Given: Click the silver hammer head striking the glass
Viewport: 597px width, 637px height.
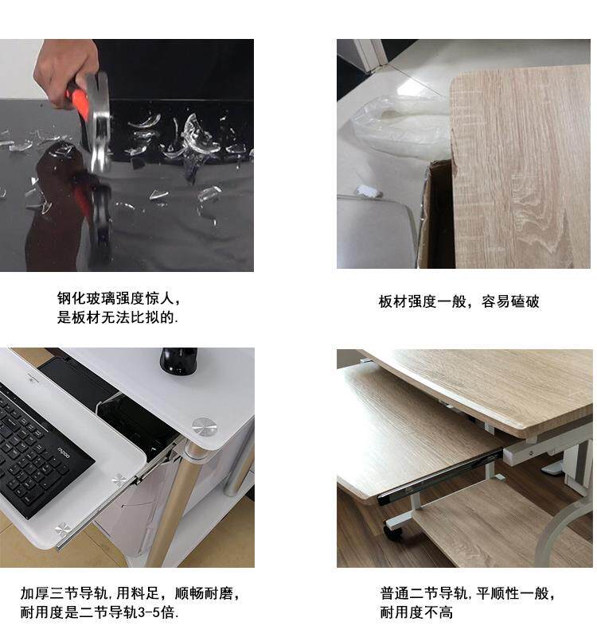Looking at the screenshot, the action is click(99, 122).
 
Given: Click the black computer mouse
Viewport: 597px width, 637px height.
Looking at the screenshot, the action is click(178, 361).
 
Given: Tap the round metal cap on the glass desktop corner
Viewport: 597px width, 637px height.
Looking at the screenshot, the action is click(204, 426).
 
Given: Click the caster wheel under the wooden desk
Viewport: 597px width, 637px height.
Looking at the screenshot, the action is click(393, 531).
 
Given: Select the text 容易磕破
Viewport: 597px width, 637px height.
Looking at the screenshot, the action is click(510, 301).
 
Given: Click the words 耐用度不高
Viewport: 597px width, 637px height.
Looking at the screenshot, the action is click(416, 612).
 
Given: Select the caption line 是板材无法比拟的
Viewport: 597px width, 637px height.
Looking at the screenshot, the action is click(118, 317).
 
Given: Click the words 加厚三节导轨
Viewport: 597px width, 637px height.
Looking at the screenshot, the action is click(64, 593).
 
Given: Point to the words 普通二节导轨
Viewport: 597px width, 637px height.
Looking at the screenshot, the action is click(423, 593).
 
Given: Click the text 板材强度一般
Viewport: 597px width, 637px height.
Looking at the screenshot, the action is click(423, 301).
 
